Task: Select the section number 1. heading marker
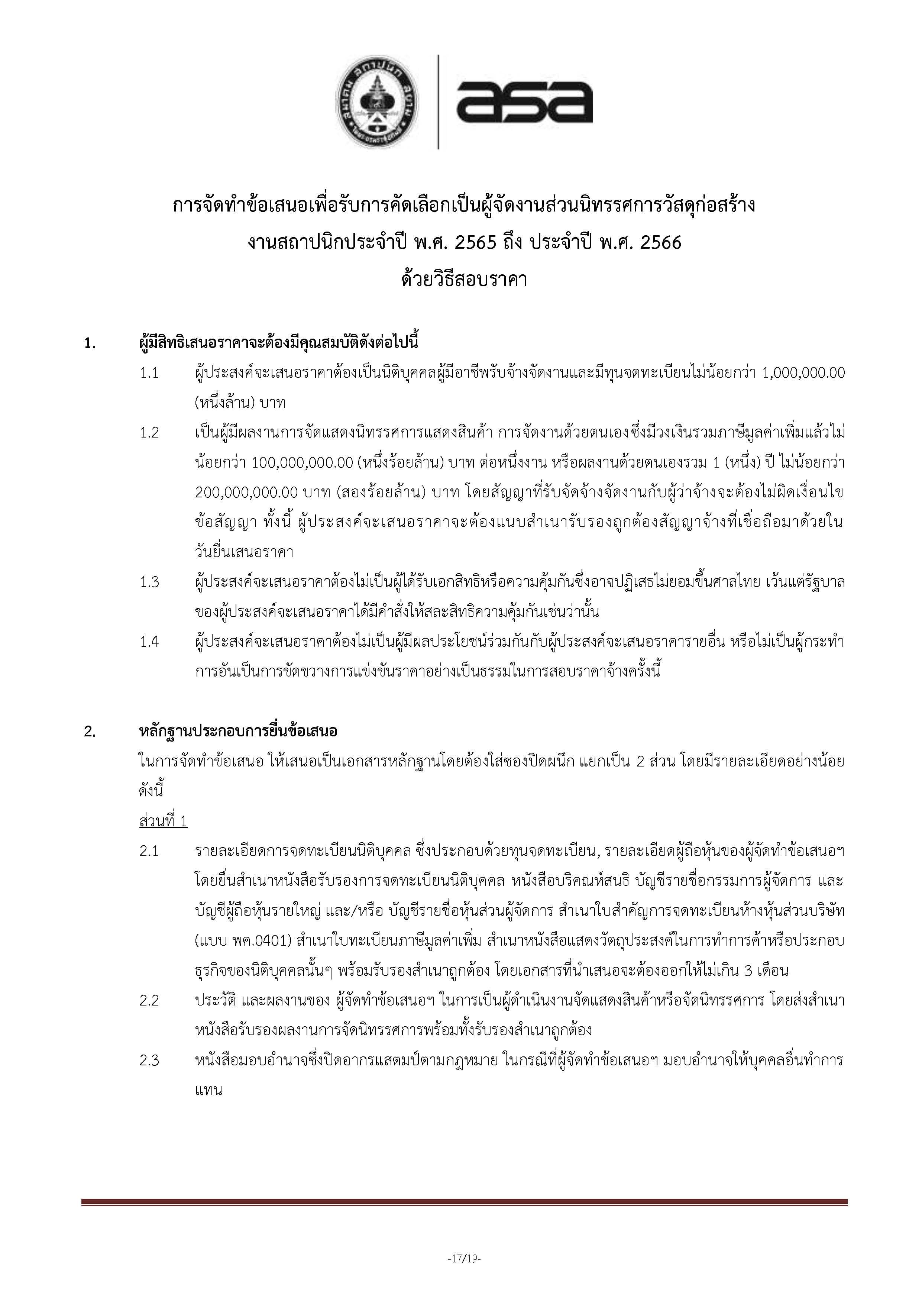(90, 343)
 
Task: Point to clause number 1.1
(149, 373)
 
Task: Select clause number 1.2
(149, 433)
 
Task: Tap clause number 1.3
(149, 582)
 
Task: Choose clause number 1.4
(149, 642)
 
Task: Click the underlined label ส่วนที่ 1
(163, 821)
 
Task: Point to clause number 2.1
(149, 851)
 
